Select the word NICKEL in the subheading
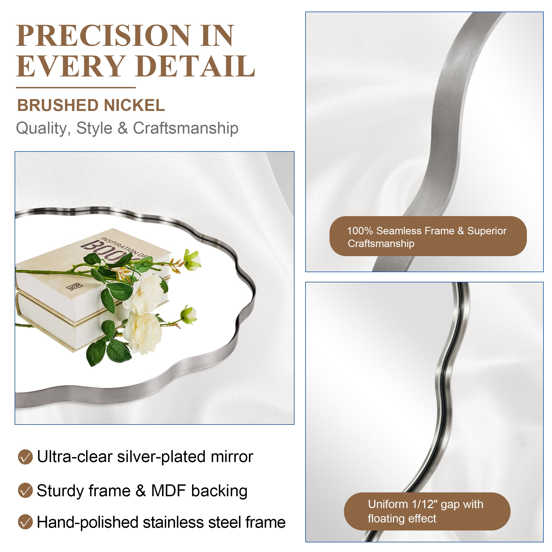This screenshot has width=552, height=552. click(x=134, y=105)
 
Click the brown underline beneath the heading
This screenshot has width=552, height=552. click(x=76, y=87)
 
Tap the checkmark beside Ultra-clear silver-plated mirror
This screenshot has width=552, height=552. click(x=25, y=457)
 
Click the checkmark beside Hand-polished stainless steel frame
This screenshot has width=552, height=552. click(x=25, y=522)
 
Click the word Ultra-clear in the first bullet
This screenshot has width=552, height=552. click(x=75, y=457)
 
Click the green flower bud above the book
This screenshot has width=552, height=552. click(x=192, y=259)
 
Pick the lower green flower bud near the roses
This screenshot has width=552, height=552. click(x=189, y=315)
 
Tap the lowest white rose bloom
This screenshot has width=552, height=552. click(x=143, y=333)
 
